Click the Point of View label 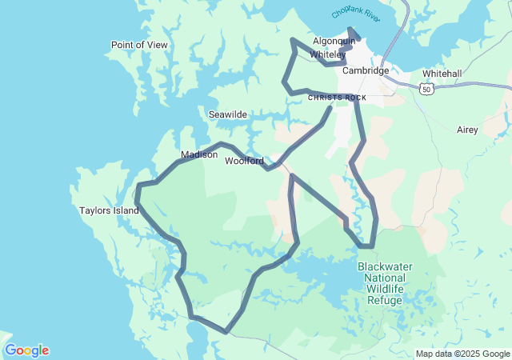click(139, 45)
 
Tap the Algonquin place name click(334, 41)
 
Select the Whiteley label click(328, 54)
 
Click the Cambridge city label click(365, 70)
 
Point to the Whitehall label click(442, 74)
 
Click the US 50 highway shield click(426, 90)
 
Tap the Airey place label click(467, 129)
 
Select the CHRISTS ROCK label click(337, 98)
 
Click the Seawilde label click(228, 114)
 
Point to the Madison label click(198, 154)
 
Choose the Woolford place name click(244, 161)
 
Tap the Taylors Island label click(110, 211)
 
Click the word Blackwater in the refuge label click(386, 266)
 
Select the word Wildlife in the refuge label click(385, 289)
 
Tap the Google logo click(26, 350)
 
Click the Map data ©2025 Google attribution click(462, 354)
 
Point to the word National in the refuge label click(385, 278)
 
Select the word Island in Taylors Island click(126, 211)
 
